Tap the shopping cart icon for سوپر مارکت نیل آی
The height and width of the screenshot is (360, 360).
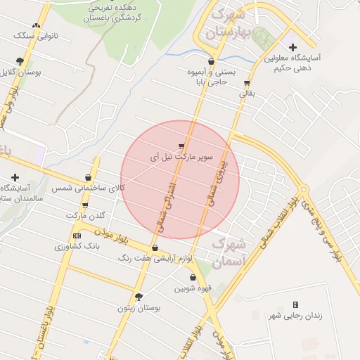[x=182, y=146]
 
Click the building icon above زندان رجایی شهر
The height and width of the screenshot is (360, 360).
[x=295, y=304]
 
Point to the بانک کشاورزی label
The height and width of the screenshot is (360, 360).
[x=72, y=247]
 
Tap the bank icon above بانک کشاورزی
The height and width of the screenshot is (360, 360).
[x=77, y=236]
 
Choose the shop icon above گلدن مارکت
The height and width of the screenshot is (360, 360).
[x=85, y=205]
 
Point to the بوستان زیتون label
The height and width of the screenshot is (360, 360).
[x=139, y=308]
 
